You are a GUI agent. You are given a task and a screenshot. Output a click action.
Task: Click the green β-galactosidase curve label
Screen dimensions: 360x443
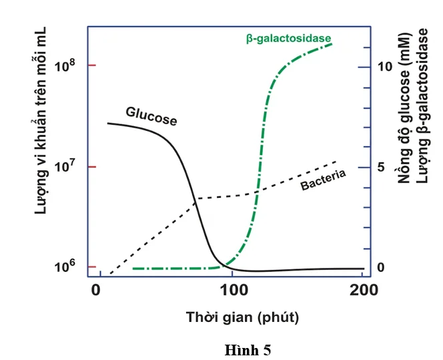tap(288, 39)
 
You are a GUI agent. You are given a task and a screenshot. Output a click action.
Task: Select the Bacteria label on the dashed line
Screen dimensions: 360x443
tap(323, 180)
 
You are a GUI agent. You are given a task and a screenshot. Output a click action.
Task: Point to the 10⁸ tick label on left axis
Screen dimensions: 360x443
tap(64, 66)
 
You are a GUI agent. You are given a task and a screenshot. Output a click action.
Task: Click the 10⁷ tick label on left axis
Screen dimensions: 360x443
tap(64, 166)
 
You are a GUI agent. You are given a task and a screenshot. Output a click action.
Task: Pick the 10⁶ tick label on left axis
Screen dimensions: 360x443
tap(64, 266)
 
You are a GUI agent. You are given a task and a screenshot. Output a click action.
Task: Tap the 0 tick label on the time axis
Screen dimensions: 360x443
tap(95, 291)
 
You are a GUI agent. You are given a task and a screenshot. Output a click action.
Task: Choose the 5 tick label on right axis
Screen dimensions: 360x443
tap(382, 167)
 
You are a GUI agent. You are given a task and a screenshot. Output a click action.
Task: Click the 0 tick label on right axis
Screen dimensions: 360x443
tap(382, 267)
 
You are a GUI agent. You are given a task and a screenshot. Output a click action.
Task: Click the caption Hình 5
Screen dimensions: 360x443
tap(248, 349)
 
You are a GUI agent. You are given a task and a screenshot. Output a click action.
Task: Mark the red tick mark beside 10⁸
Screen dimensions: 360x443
tap(92, 65)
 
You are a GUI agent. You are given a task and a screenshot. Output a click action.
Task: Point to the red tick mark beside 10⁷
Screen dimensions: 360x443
tap(92, 166)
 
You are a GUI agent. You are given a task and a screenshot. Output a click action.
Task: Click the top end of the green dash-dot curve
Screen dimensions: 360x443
tap(332, 43)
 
